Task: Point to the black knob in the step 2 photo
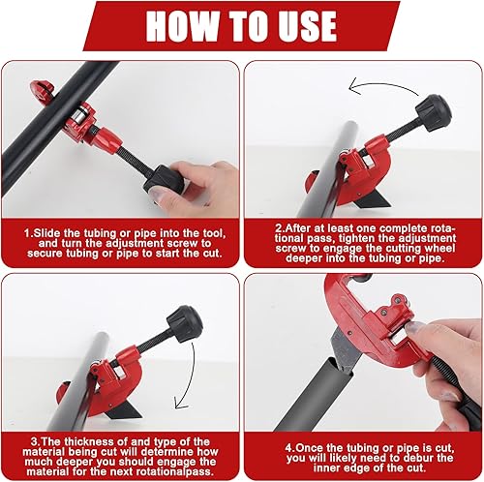tap(433, 112)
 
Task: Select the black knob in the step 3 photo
tap(185, 323)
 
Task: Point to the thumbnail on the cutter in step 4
tap(413, 327)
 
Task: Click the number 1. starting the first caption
tap(28, 233)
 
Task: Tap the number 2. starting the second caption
tap(280, 228)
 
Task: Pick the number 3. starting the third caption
tap(36, 441)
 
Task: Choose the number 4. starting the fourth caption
tap(289, 448)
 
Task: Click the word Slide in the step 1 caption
tap(46, 233)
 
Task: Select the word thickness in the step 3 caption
tap(86, 441)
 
